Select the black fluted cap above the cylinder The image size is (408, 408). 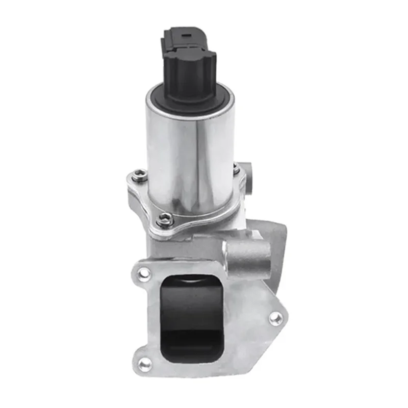tap(190, 76)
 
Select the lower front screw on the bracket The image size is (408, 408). tap(164, 220)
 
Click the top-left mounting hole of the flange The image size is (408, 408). tap(145, 274)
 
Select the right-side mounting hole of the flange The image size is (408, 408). tap(275, 319)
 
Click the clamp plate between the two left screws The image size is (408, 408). tap(148, 199)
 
